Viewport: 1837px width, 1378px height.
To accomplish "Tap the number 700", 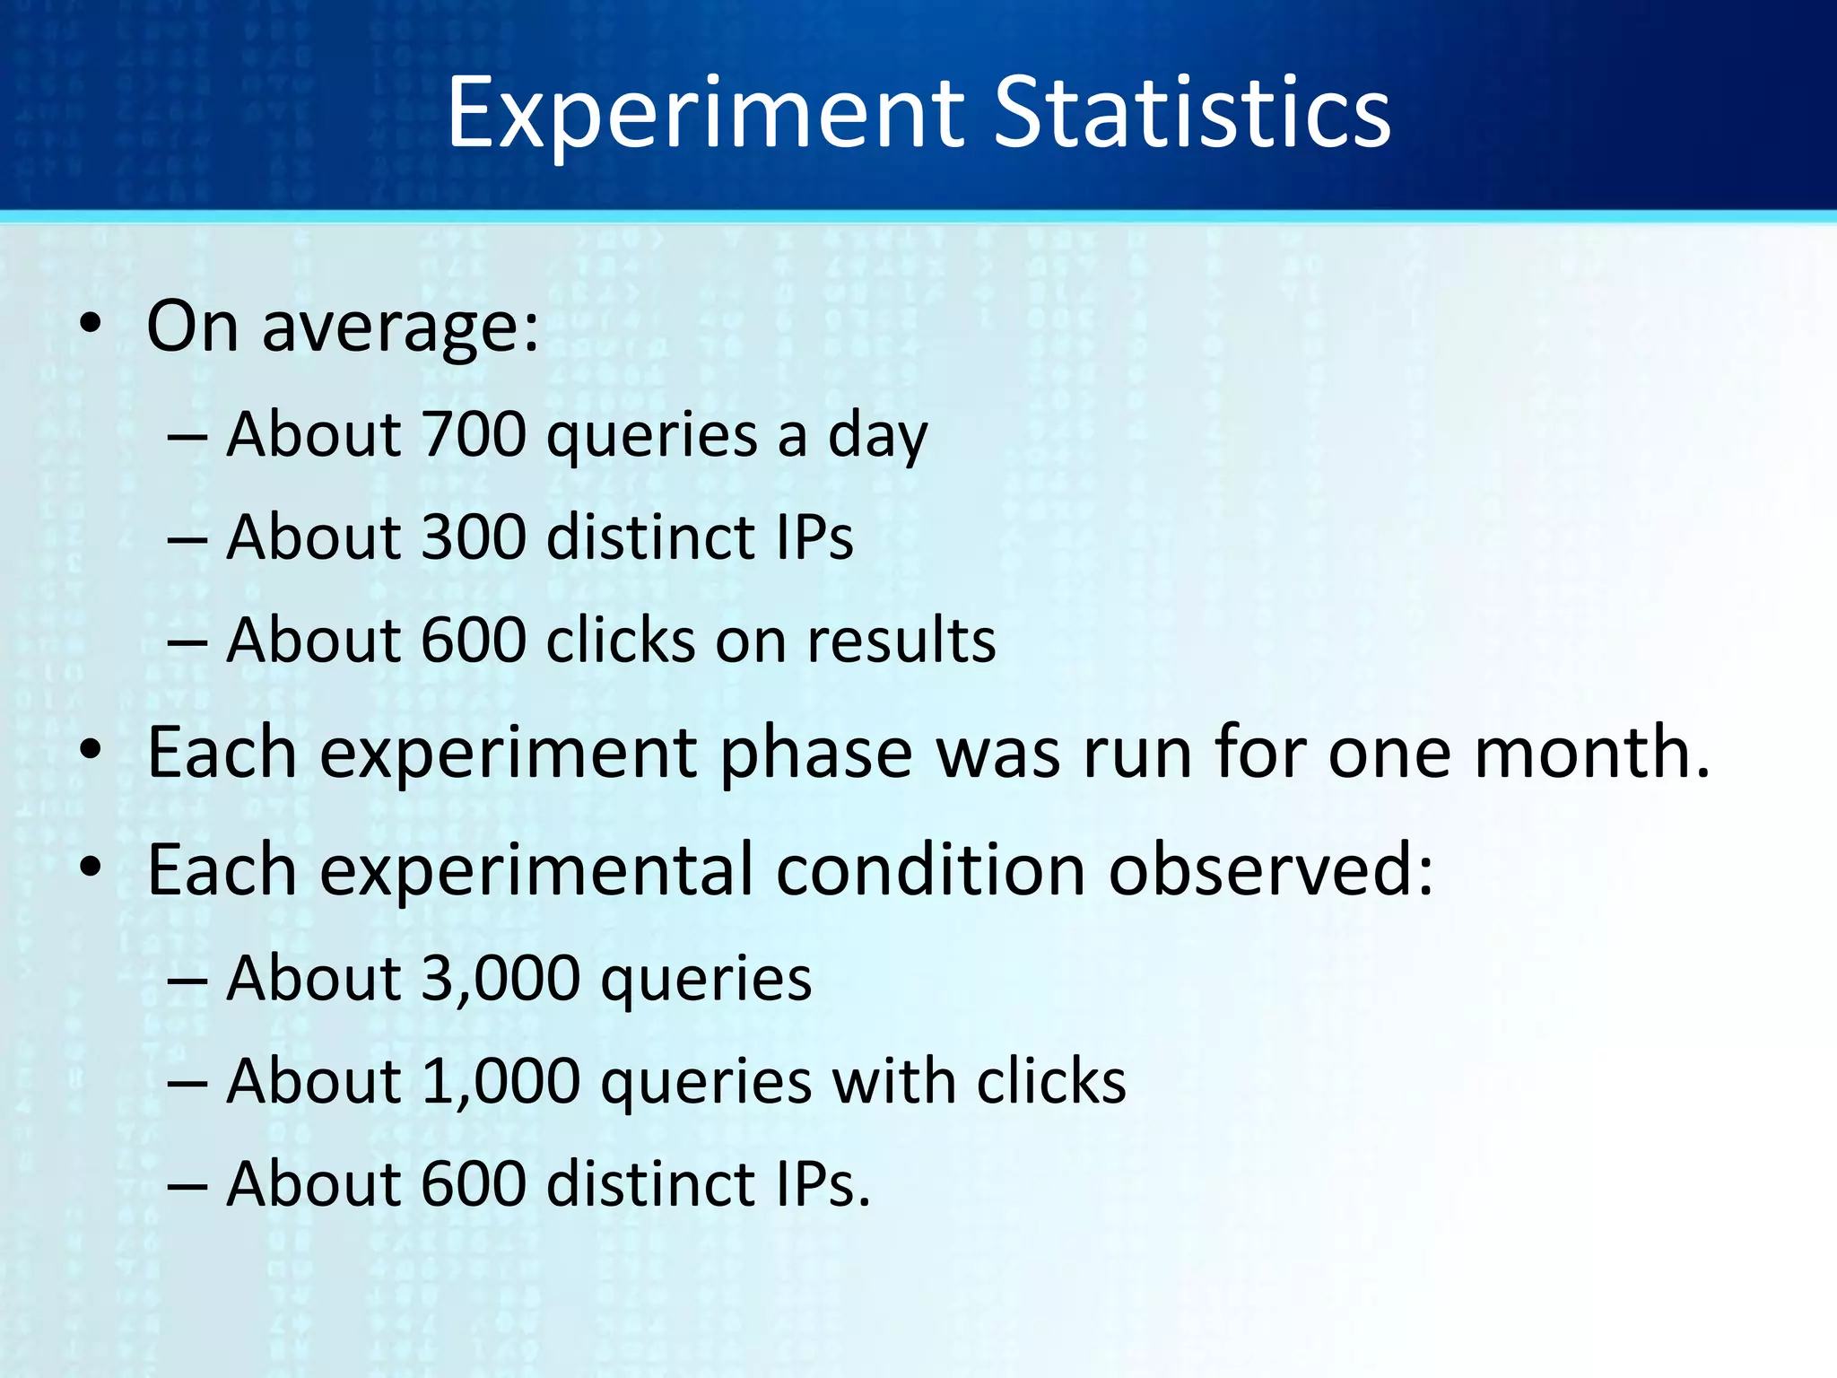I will point(474,434).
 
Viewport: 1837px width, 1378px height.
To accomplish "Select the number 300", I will point(474,536).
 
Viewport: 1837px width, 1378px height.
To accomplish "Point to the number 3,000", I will point(501,978).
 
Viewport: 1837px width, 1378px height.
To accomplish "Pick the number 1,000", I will point(501,1081).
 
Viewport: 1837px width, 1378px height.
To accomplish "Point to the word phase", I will point(816,754).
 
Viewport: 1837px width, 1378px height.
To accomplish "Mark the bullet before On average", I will point(90,327).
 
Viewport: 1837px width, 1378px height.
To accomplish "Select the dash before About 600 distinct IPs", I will point(187,1184).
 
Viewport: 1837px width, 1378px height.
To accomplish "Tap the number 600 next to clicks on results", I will point(474,641).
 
